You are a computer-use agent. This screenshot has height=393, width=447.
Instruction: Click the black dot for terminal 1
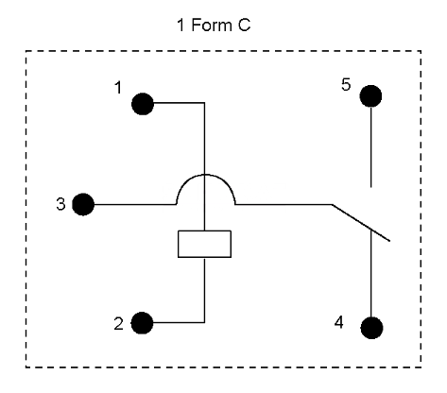[143, 104]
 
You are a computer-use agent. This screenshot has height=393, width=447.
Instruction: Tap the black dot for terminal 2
[142, 323]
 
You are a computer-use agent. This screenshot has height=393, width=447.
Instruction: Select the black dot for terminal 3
[83, 204]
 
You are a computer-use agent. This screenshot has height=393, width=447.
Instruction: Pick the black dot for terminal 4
[371, 328]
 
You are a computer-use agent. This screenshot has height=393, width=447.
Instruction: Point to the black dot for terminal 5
[370, 96]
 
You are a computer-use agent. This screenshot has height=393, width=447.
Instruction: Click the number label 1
[118, 88]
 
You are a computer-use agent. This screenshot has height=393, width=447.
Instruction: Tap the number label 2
[118, 324]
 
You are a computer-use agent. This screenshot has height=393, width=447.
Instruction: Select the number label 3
[60, 204]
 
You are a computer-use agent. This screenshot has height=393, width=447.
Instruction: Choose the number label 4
[339, 322]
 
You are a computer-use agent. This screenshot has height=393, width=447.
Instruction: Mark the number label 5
[346, 84]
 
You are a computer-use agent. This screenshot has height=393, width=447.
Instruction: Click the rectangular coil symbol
[204, 244]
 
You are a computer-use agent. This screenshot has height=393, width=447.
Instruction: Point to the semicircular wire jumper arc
[205, 175]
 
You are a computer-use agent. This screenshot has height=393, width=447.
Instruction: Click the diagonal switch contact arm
[361, 223]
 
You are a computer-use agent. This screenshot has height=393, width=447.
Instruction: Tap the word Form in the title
[212, 25]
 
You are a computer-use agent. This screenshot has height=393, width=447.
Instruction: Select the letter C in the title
[244, 25]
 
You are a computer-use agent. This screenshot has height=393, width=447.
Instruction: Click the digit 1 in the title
[181, 25]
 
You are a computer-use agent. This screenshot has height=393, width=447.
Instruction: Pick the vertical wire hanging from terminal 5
[370, 147]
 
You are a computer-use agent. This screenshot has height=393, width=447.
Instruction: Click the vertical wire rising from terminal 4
[371, 273]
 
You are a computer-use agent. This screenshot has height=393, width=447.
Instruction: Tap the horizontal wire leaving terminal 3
[135, 204]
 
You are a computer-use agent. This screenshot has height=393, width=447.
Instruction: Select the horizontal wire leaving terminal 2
[179, 322]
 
